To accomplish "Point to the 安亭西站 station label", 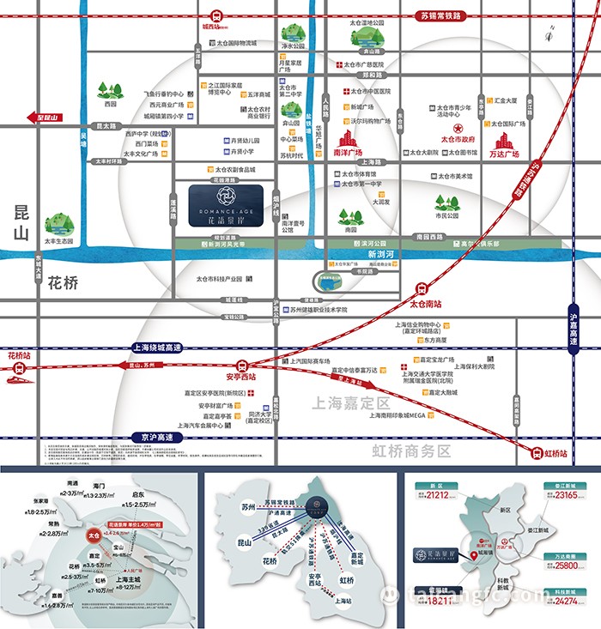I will point(241,375).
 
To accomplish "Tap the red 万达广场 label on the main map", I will point(504,154).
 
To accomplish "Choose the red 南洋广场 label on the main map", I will point(347,152).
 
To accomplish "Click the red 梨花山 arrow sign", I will point(46,118).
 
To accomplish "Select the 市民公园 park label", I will point(447,215).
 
